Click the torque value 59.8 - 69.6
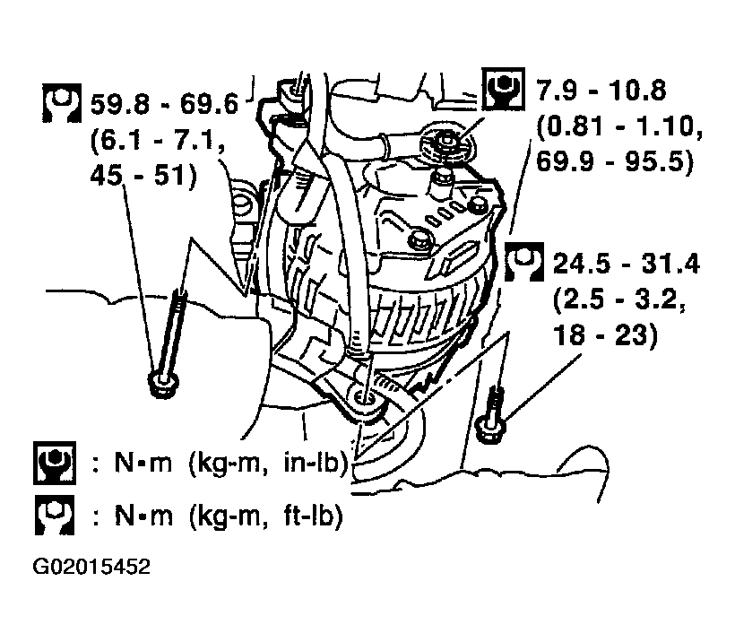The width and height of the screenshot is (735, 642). [x=164, y=105]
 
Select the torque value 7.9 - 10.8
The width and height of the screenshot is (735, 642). [x=601, y=90]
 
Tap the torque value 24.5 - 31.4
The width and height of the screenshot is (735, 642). [x=627, y=263]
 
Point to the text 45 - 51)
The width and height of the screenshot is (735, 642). [x=143, y=177]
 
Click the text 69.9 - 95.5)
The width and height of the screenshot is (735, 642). [x=615, y=161]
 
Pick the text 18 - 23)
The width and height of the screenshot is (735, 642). [x=606, y=334]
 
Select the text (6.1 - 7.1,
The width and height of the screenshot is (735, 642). [x=158, y=141]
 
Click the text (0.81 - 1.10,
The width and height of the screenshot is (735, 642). [x=619, y=126]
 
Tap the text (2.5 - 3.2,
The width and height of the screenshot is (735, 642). [x=619, y=299]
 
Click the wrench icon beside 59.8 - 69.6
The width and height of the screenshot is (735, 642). [x=62, y=103]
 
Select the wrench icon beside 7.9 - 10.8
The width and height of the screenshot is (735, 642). [x=503, y=89]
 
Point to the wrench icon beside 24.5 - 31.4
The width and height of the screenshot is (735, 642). [x=524, y=262]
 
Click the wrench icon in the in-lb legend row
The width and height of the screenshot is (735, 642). [x=55, y=463]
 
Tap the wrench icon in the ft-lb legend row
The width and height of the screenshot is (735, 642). [x=55, y=516]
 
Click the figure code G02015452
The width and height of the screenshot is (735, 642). [x=91, y=567]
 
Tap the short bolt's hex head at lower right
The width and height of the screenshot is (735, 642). [x=489, y=429]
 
